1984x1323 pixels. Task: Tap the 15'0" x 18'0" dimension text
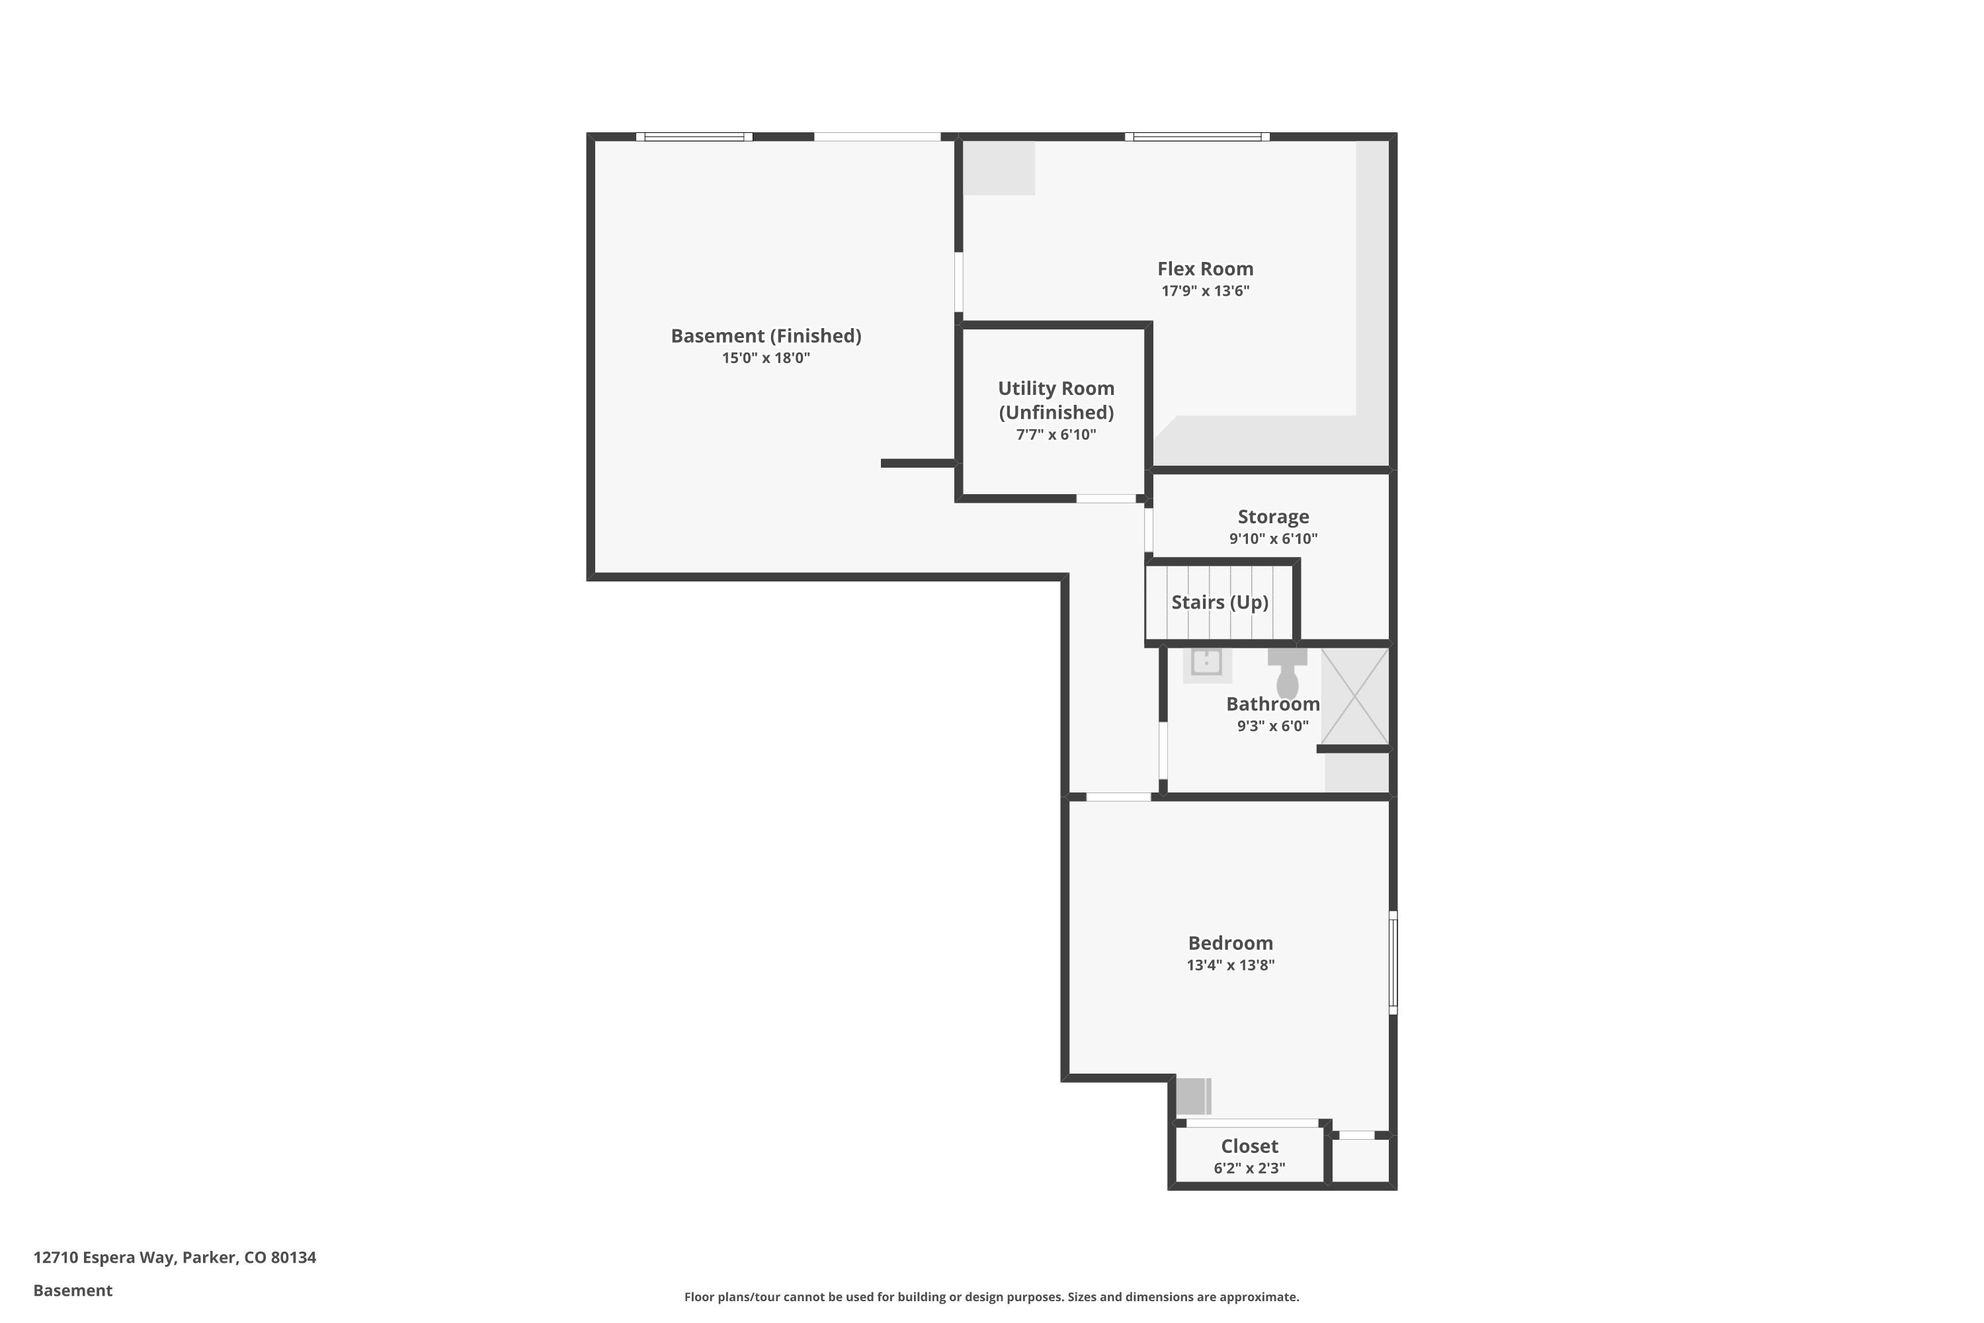(766, 358)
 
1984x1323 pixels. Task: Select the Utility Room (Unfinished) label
(1056, 400)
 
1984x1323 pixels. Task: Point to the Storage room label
(1273, 517)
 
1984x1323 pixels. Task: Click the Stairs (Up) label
(1219, 601)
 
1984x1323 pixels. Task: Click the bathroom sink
(1207, 663)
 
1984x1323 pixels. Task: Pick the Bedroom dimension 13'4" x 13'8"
(1231, 965)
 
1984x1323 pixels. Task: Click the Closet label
(1249, 1146)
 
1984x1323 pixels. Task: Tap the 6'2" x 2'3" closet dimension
(1249, 1168)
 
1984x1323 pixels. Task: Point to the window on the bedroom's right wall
(1393, 962)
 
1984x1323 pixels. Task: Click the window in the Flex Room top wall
(1197, 137)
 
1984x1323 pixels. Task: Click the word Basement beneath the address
(73, 1290)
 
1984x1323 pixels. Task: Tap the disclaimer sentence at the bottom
(991, 1297)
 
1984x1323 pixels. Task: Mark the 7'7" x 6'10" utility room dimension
(1056, 435)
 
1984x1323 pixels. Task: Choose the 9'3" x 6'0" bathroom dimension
(1273, 726)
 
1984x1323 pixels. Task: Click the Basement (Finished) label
(766, 336)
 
